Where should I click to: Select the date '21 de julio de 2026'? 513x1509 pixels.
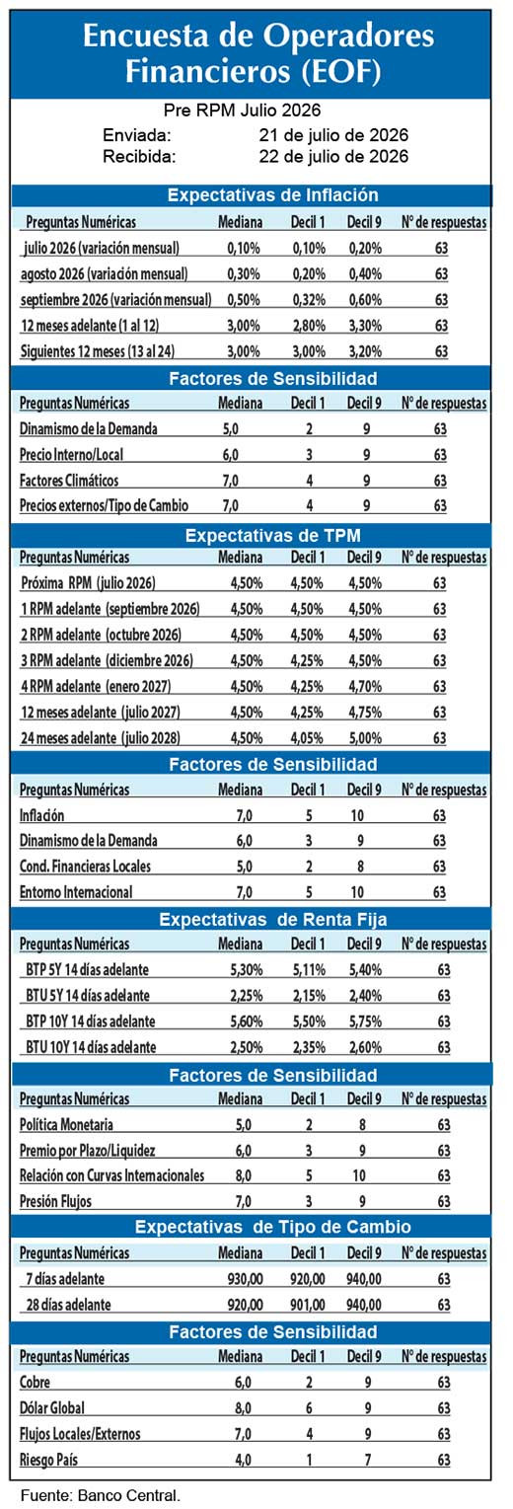333,135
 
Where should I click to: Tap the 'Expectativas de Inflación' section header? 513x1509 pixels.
272,195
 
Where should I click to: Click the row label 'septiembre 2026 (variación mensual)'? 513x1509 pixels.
115,300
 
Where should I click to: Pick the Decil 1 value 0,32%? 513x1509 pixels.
309,300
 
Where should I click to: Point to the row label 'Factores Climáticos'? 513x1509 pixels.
69,481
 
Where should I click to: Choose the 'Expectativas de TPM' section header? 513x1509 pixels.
272,536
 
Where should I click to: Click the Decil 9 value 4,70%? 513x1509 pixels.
365,687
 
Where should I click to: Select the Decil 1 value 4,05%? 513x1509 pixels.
307,737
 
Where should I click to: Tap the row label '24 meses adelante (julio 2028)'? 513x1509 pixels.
101,737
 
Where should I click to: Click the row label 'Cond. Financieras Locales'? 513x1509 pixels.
85,867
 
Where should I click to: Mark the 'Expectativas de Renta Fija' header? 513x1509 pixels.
272,920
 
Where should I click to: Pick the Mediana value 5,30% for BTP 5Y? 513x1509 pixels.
247,970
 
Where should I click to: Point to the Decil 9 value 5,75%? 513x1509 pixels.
365,1021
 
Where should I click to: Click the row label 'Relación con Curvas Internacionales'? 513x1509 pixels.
111,1175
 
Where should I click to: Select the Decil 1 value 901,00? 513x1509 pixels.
307,1305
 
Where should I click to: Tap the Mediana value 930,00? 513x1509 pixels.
245,1279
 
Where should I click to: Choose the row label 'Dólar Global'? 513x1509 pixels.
52,1407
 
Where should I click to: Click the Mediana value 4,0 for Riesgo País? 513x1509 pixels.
243,1460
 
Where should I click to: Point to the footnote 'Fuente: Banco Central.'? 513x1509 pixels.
101,1495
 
